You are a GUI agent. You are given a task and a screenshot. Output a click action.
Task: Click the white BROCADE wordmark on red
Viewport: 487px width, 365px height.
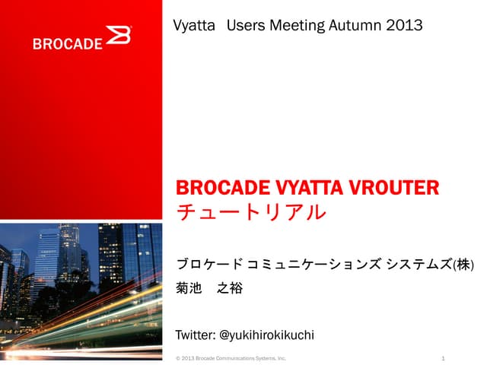click(67, 43)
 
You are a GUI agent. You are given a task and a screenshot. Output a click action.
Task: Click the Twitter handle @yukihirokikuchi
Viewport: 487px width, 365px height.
click(266, 335)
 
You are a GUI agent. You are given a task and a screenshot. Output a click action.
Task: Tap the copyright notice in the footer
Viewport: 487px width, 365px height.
click(231, 357)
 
